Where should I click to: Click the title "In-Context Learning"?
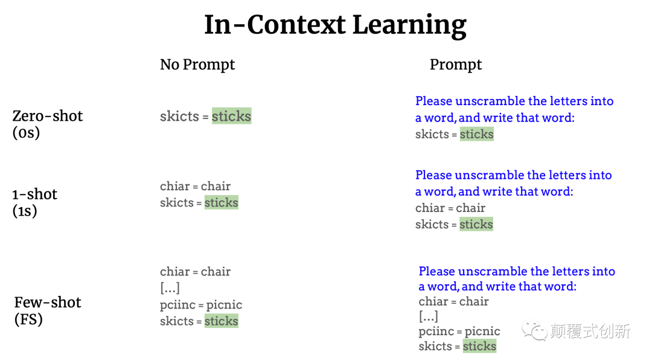335,25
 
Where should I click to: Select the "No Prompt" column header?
197,65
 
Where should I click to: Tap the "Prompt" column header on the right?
456,65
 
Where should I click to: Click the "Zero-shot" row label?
48,116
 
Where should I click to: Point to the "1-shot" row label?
35,194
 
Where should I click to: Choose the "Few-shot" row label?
48,303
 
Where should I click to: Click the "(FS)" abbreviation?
28,320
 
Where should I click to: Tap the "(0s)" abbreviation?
26,133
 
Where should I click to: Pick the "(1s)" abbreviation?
25,211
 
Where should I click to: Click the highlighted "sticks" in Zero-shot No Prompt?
232,116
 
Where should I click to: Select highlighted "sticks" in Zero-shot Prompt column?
476,134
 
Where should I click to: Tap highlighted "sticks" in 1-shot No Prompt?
221,202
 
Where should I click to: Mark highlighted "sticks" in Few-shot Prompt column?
479,346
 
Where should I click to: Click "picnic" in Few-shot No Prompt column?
224,305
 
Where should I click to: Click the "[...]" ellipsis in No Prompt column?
170,288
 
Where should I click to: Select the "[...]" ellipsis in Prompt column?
428,317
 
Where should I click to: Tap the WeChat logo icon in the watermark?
534,330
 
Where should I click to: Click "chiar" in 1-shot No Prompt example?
174,186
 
